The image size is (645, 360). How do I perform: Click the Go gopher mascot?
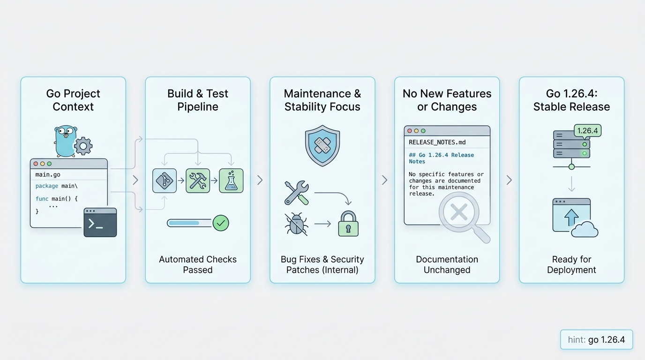coord(66,141)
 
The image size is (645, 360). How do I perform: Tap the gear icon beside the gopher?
coord(83,146)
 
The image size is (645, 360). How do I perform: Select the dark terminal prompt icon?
coord(100,222)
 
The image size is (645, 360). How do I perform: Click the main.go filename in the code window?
coord(48,174)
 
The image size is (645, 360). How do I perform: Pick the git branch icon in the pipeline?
coord(165,180)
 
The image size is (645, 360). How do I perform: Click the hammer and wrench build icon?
coord(198,180)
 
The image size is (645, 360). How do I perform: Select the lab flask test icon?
coord(231,180)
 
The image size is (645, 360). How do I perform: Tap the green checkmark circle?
coord(221,223)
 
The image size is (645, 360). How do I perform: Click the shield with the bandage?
coord(322,145)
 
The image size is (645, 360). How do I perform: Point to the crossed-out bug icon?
coord(296,225)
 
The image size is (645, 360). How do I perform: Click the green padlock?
coord(348,224)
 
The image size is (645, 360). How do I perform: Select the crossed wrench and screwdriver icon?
coord(297,193)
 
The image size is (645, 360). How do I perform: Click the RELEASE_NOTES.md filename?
coord(437,142)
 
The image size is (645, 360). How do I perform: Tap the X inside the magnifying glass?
coord(459,212)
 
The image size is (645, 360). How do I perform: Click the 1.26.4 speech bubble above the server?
coord(587,131)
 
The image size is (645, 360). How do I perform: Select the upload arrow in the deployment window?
coord(571,217)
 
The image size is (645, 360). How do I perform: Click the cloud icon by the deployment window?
coord(585,229)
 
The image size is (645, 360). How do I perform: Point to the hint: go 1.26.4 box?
coord(596,339)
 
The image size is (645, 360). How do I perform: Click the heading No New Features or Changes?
coord(447,100)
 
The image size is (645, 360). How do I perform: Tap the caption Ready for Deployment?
coord(571,264)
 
